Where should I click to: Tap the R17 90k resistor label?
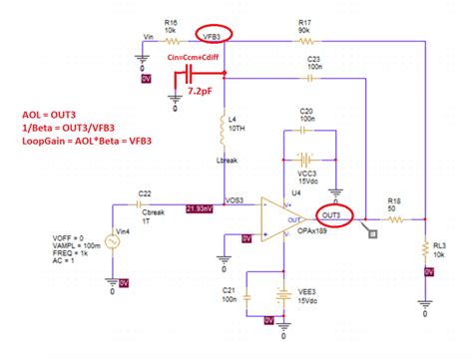pos(304,20)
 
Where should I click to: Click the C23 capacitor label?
pos(313,59)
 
